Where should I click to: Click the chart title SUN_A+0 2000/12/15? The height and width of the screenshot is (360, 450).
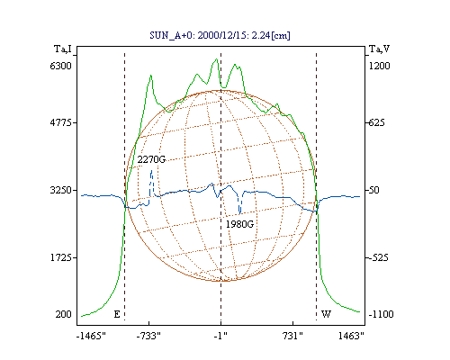click(220, 35)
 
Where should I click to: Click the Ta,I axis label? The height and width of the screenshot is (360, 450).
click(63, 49)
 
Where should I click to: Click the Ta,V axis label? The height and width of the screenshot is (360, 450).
click(379, 49)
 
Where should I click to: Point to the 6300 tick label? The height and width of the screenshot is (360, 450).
click(61, 66)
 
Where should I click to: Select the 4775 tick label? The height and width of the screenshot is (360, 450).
click(61, 122)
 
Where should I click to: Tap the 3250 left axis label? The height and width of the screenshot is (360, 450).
click(61, 190)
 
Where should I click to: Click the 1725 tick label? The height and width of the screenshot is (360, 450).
click(61, 257)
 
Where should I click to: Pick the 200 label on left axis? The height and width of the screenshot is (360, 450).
click(63, 314)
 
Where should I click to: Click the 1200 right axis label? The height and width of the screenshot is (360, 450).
click(379, 66)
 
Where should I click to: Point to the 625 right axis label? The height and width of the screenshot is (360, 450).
click(376, 122)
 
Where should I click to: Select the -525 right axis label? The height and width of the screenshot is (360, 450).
click(378, 257)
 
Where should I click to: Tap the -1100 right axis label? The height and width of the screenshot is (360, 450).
click(381, 314)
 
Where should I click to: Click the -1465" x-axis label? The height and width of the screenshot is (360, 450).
click(92, 336)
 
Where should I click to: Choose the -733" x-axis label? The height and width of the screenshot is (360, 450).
click(148, 336)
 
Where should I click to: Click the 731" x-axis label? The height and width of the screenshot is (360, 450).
click(292, 336)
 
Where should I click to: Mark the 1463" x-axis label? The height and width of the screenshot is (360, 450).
click(351, 336)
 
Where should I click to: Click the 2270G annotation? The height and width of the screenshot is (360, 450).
click(151, 159)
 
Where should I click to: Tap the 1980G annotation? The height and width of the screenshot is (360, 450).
click(239, 224)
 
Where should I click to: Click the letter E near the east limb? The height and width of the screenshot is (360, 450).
click(117, 314)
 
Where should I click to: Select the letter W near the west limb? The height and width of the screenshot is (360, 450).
click(326, 314)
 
